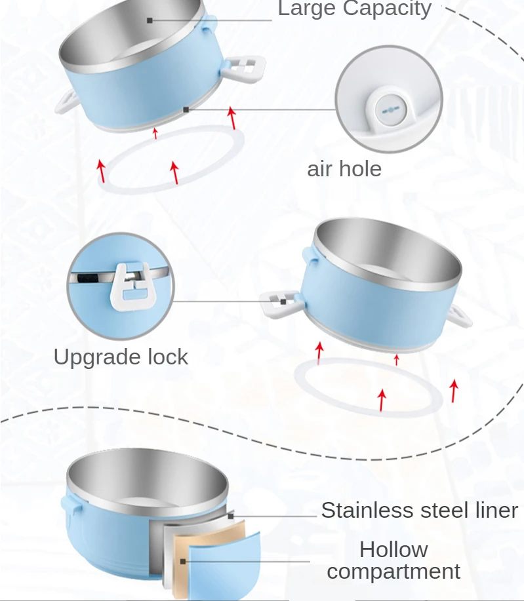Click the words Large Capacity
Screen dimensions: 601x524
tap(355, 9)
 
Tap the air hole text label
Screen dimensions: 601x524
tap(344, 169)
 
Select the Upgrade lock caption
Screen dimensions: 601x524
tap(121, 357)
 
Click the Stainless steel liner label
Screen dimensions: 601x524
tap(419, 511)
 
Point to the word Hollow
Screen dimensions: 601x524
tap(393, 549)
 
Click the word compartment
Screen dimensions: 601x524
tap(393, 571)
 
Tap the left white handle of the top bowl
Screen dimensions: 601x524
tap(66, 101)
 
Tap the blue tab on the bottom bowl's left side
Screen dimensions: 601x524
tap(68, 505)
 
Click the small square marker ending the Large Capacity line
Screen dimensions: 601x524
tap(150, 20)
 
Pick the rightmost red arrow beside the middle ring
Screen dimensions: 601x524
tap(454, 391)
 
